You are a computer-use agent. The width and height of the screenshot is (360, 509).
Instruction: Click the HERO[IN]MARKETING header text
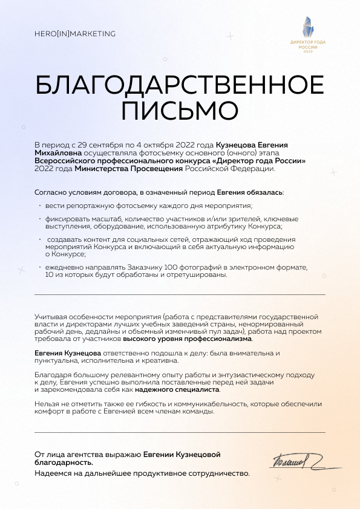pyautogui.click(x=75, y=34)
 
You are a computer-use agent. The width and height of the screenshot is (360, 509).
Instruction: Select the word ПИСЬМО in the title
pyautogui.click(x=180, y=111)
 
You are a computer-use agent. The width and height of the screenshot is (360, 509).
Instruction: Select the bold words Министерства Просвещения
pyautogui.click(x=128, y=169)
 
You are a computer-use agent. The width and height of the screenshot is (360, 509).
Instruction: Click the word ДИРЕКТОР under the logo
pyautogui.click(x=299, y=43)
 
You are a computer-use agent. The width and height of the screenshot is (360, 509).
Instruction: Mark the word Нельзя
pyautogui.click(x=47, y=404)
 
